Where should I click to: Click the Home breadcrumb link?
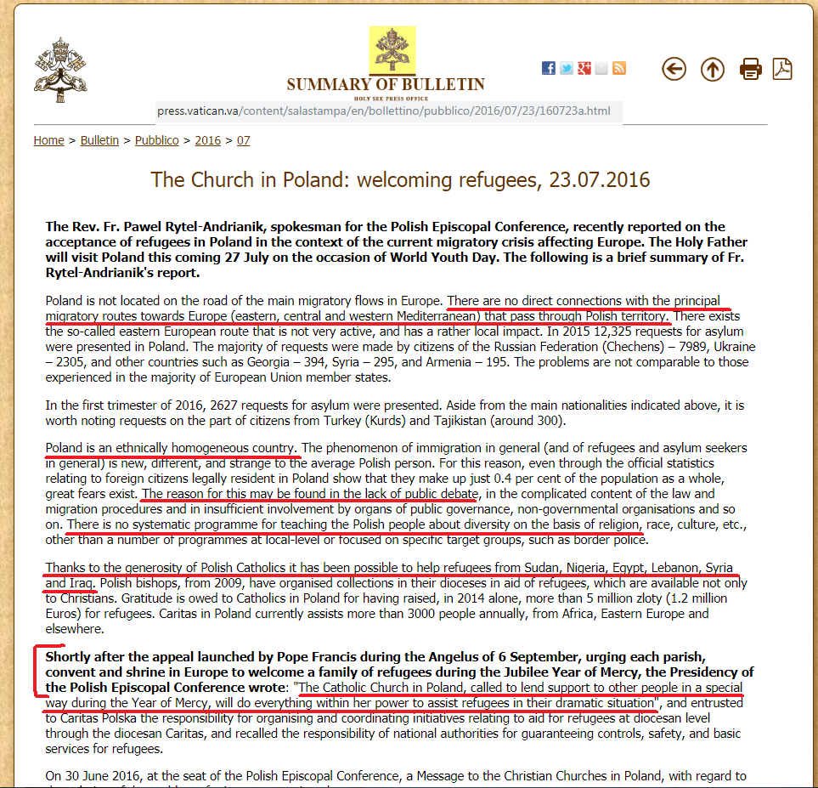coord(48,140)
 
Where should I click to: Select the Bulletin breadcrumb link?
coord(99,140)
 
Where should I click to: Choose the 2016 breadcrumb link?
coord(207,140)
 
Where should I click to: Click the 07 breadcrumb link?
coord(243,140)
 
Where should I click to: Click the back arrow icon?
coord(674,69)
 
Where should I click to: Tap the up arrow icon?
coord(712,69)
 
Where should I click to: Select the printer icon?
coord(750,69)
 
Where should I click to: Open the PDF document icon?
coord(781,69)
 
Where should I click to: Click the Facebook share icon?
coord(549,68)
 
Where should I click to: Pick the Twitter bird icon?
coord(567,68)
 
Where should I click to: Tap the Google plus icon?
coord(584,68)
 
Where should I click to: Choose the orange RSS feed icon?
coord(619,68)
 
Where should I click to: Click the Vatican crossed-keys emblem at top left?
coord(60,65)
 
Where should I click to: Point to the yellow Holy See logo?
coord(392,50)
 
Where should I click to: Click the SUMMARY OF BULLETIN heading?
coord(386,85)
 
